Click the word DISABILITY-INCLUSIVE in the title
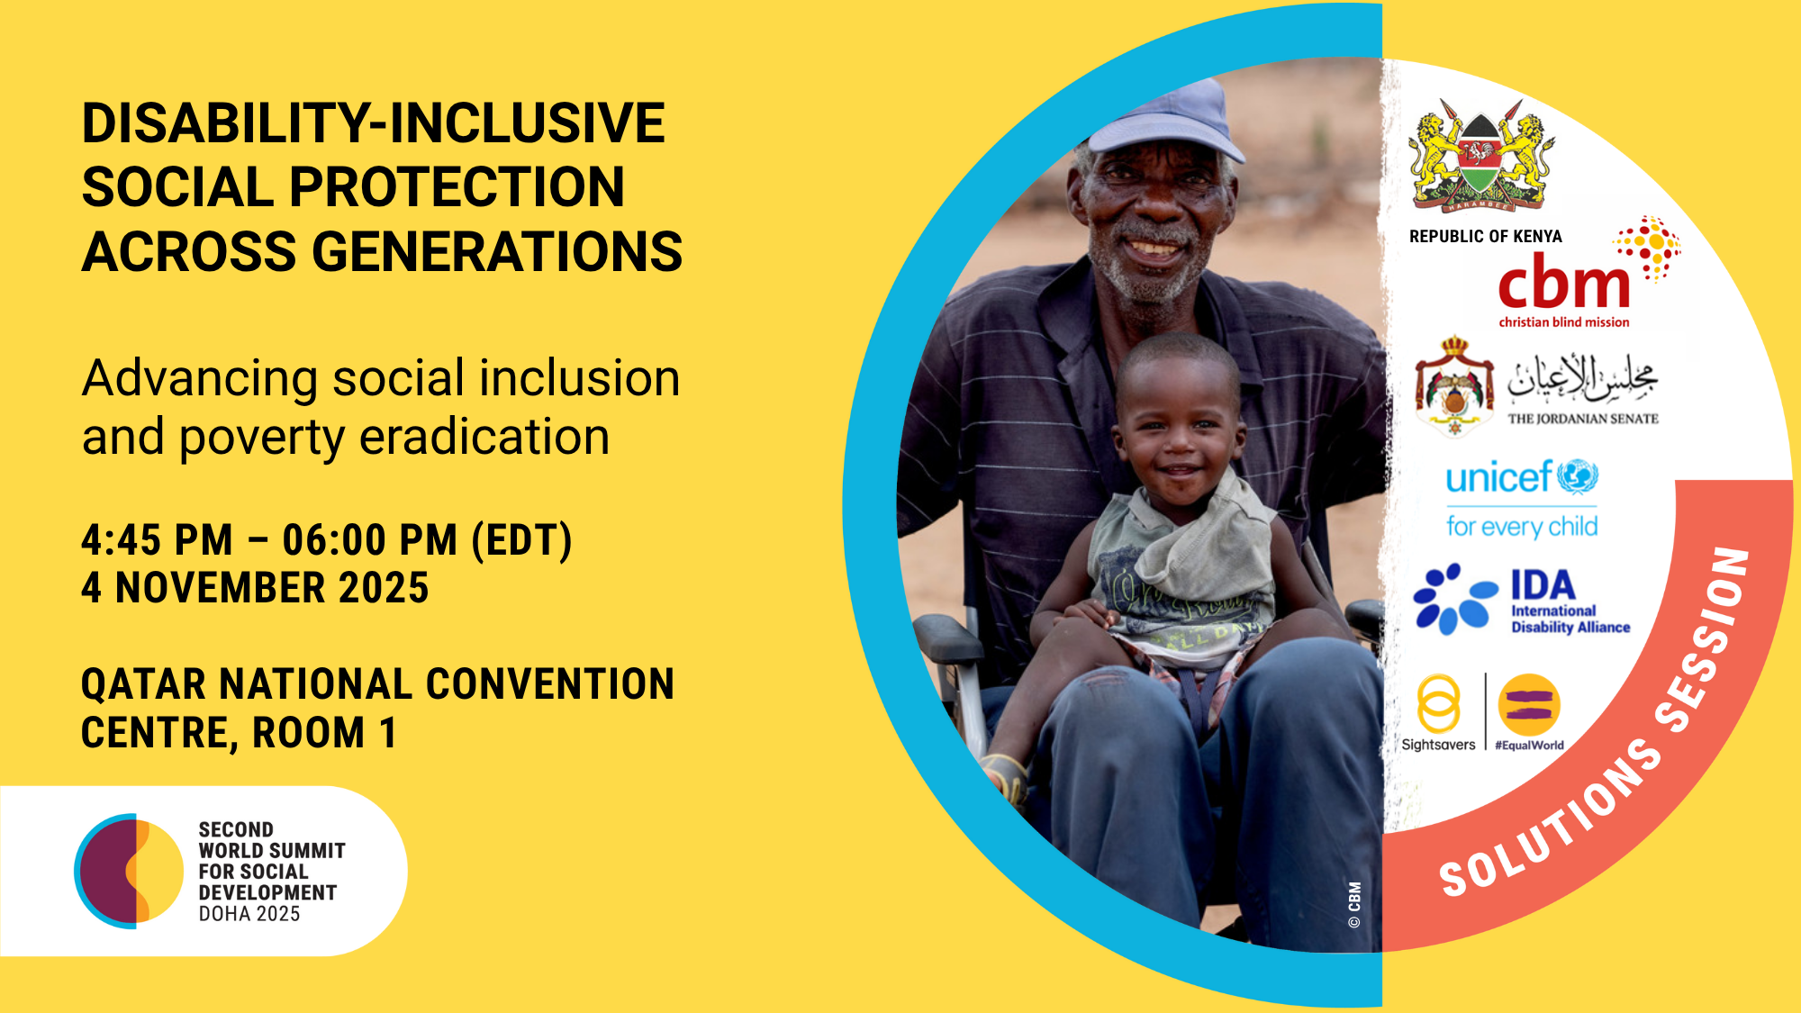pos(374,123)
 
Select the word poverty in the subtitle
pos(261,439)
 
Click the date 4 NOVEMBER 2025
pos(255,588)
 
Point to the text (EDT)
pos(522,540)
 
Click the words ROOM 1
pos(324,733)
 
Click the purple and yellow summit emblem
pos(129,871)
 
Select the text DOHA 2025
pos(249,914)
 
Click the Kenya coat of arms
pos(1481,156)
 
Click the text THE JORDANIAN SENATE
pos(1583,419)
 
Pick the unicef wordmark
pos(1499,477)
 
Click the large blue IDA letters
pos(1543,585)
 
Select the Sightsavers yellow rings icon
pos(1438,704)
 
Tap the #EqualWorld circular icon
pos(1529,705)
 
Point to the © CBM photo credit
pos(1354,905)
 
